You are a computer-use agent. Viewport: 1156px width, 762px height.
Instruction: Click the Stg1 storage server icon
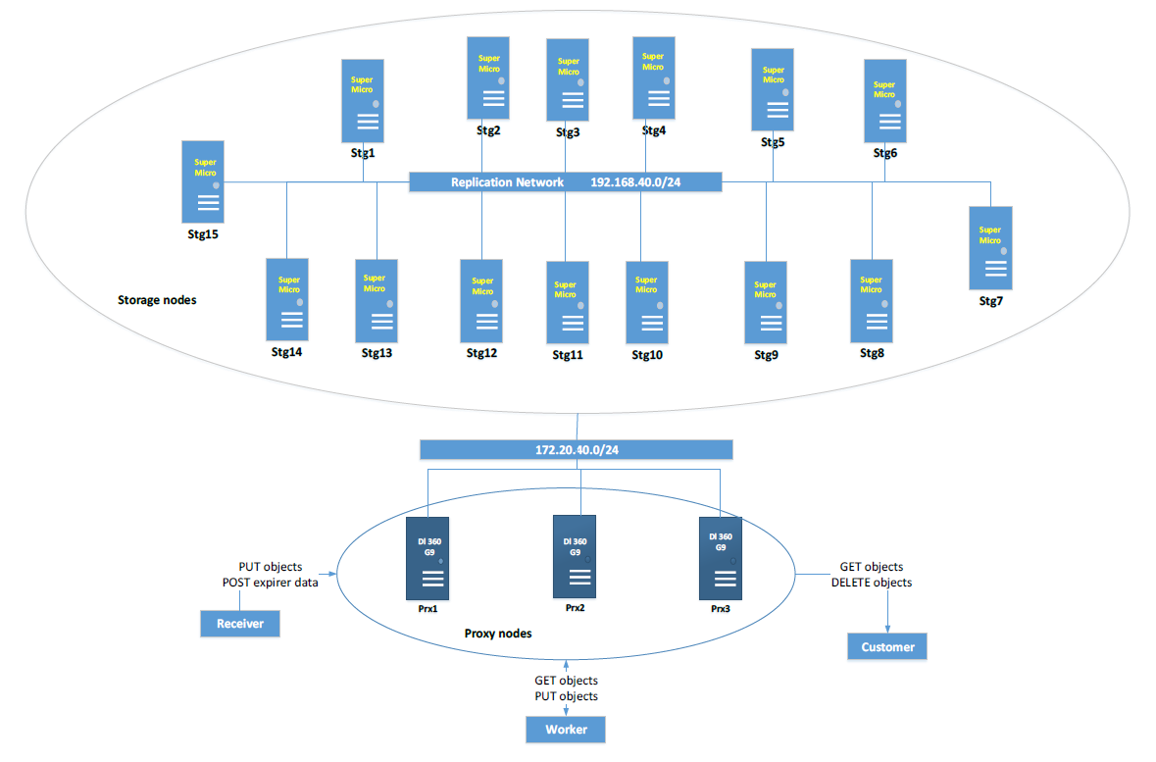363,100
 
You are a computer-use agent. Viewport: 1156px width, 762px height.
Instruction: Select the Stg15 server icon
203,181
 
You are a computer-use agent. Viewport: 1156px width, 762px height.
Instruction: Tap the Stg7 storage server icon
989,246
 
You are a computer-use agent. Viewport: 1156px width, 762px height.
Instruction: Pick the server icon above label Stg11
568,302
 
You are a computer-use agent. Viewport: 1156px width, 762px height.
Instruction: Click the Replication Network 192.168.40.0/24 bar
565,182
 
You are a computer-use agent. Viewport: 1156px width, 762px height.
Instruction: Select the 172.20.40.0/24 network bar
576,450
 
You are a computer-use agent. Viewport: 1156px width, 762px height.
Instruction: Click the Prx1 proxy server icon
427,558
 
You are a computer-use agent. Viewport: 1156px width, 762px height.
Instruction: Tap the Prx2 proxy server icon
575,556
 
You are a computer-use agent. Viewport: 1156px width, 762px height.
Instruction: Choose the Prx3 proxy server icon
720,558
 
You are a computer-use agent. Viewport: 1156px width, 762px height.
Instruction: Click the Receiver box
240,623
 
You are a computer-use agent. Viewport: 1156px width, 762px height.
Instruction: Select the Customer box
887,646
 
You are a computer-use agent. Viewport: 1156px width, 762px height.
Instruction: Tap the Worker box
566,730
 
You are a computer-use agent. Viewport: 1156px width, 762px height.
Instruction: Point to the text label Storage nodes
157,300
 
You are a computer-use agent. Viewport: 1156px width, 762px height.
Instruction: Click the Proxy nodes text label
498,634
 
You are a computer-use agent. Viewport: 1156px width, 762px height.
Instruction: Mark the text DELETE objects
872,583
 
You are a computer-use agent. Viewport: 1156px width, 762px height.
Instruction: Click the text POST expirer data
271,583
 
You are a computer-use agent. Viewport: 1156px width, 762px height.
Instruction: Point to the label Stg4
654,130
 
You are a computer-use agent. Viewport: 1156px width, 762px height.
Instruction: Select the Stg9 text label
766,354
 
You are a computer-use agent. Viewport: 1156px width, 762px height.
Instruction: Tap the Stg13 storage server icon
376,300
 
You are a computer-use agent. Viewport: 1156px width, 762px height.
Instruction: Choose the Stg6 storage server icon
885,101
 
